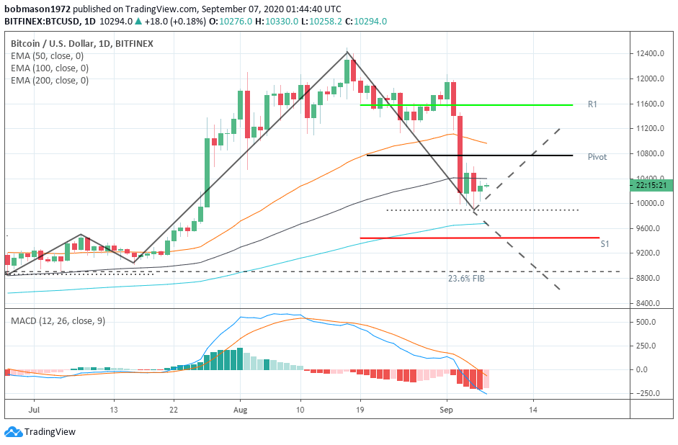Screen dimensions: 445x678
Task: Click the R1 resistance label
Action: point(592,104)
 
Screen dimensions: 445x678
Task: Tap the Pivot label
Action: point(597,156)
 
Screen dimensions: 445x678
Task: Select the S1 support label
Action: point(605,244)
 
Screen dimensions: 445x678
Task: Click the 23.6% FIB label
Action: point(466,278)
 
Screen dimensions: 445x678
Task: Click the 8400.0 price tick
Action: point(648,303)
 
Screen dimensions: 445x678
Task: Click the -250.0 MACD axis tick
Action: point(648,393)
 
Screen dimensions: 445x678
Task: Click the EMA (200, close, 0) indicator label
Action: point(50,80)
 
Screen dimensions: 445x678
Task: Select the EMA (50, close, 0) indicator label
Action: point(47,55)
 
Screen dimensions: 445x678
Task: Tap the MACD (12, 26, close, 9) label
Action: point(58,320)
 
